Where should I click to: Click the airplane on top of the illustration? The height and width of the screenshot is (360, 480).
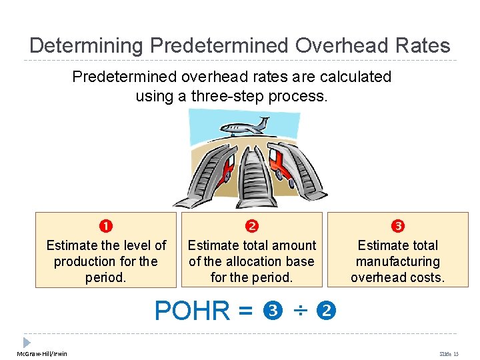(244, 126)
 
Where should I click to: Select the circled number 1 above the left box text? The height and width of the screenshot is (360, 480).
(106, 227)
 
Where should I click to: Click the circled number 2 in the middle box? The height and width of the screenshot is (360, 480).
(251, 227)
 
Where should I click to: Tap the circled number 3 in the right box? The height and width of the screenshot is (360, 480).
(398, 227)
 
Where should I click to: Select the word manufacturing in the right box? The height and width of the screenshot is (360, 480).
(398, 261)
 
